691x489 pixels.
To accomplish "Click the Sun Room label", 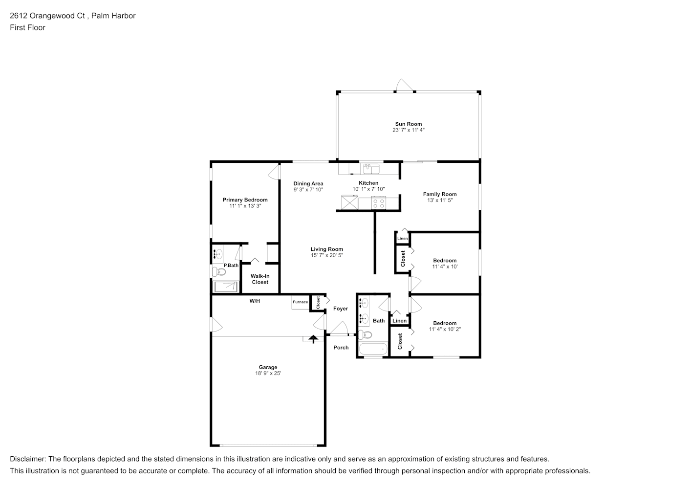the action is point(409,124).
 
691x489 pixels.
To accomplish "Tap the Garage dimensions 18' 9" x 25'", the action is point(268,373).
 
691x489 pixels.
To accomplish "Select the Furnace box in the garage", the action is point(301,302).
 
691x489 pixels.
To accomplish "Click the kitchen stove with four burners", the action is point(379,203).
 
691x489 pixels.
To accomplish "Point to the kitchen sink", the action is point(371,169).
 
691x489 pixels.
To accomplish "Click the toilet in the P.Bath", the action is point(219,272).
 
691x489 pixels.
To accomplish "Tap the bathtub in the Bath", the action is point(373,349).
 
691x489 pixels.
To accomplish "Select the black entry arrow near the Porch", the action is point(313,339).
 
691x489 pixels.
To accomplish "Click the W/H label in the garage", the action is point(255,301).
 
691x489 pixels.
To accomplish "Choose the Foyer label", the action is point(341,309).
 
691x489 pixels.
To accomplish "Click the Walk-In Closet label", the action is point(260,279).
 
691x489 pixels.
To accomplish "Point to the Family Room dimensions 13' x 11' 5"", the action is point(440,200).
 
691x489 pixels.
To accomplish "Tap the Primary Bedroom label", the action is point(245,200).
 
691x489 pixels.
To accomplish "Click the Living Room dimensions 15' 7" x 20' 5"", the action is point(327,255).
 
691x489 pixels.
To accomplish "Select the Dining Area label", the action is point(308,184).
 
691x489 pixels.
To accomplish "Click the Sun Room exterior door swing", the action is point(404,85).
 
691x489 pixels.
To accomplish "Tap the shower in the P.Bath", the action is point(226,287).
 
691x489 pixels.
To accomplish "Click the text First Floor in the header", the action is point(27,27).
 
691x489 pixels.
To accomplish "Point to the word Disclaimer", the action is point(28,459).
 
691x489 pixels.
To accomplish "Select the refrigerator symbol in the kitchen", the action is point(349,202).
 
